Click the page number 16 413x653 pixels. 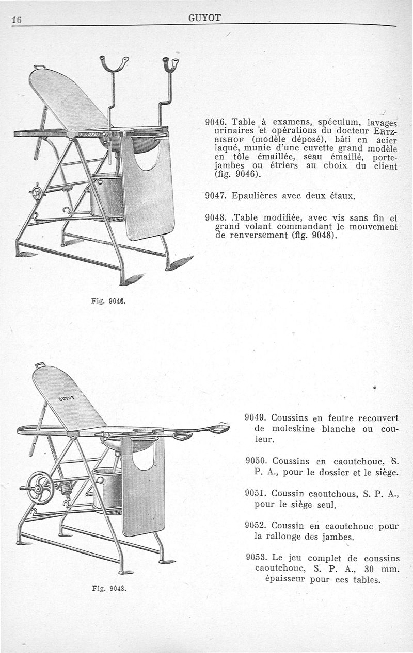pos(15,20)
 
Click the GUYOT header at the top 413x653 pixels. pos(205,19)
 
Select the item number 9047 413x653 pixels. pos(216,196)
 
